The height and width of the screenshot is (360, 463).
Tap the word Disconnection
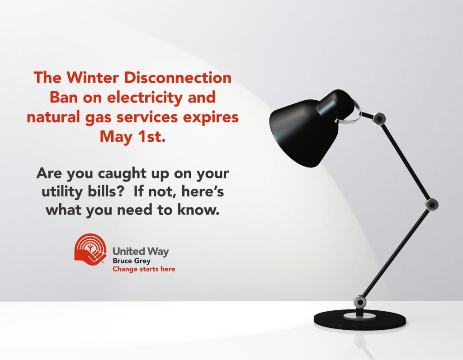(177, 78)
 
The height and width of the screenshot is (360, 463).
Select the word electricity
(145, 98)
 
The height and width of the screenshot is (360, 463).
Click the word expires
(211, 117)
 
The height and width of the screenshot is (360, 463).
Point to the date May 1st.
(132, 136)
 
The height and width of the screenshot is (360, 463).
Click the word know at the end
(199, 210)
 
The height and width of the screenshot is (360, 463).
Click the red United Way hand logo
(90, 250)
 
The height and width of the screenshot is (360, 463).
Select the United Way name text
(141, 252)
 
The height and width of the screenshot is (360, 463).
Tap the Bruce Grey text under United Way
(132, 261)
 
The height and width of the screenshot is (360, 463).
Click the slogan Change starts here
(144, 269)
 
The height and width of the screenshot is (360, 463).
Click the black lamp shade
(312, 129)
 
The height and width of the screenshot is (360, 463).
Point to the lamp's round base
(359, 320)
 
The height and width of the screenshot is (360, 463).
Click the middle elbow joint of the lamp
(432, 205)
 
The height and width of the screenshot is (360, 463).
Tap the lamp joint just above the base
(360, 302)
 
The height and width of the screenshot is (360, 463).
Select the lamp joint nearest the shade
(379, 119)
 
